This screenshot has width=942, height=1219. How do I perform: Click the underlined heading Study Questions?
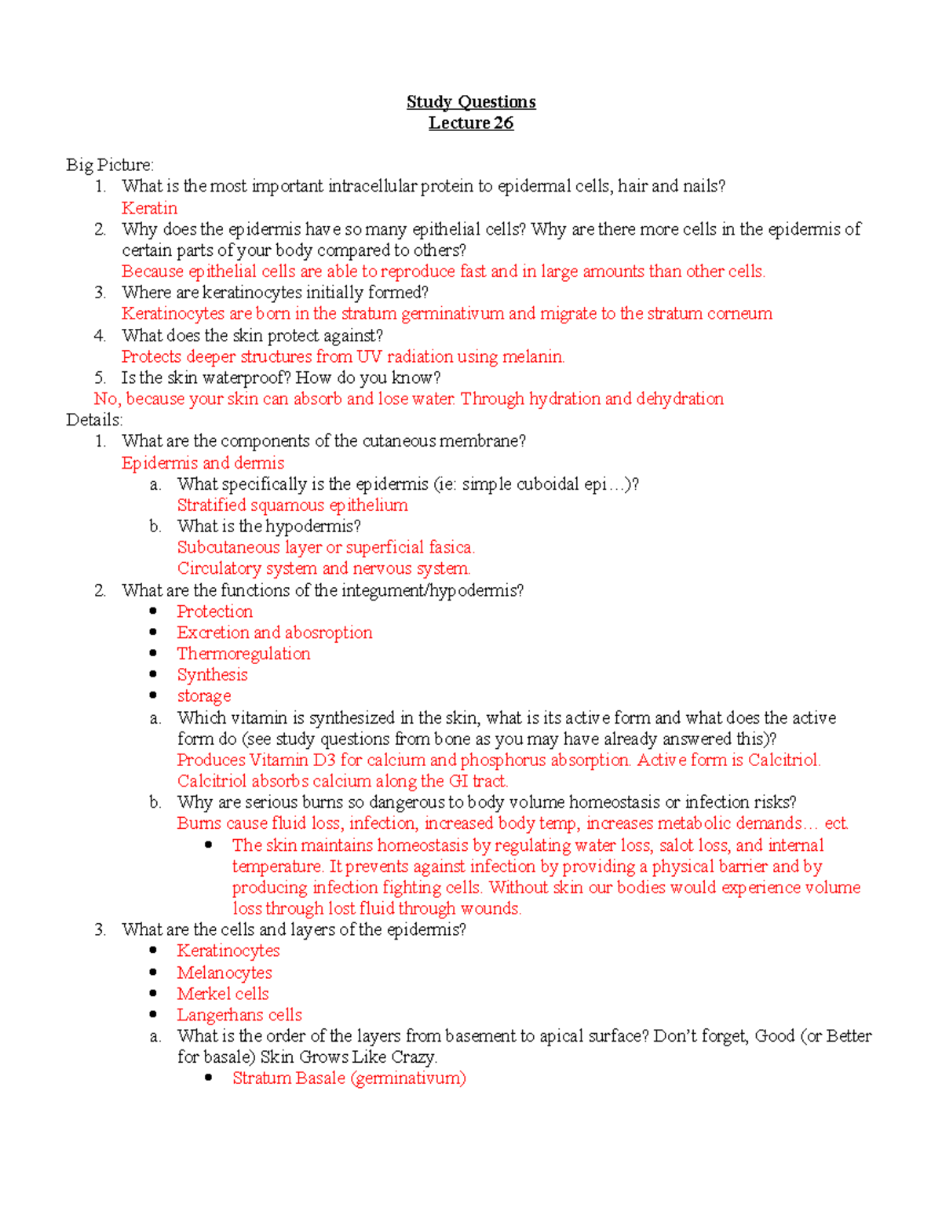point(471,102)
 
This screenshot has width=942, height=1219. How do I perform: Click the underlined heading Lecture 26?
point(471,123)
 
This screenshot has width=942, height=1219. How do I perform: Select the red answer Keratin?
point(149,208)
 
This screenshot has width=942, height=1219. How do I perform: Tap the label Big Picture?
point(110,165)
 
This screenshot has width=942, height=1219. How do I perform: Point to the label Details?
point(94,420)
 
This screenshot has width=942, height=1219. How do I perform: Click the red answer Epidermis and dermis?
point(203,463)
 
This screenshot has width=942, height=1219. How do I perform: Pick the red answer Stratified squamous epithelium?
point(292,505)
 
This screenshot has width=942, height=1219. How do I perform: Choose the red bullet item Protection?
point(214,611)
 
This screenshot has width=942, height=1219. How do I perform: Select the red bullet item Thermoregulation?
point(243,654)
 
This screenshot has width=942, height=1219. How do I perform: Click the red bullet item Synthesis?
point(212,675)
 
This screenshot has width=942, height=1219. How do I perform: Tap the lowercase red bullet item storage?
point(204,696)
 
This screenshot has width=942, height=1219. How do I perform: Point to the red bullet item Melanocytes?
point(225,973)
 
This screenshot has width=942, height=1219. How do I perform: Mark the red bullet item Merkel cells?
point(223,994)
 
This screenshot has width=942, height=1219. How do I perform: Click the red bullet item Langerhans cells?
point(239,1015)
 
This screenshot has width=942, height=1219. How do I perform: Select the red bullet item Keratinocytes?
point(228,951)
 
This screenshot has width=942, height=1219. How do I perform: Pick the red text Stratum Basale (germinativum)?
point(349,1078)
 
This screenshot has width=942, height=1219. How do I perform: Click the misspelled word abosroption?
point(328,633)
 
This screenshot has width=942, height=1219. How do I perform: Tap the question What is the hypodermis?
point(268,526)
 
